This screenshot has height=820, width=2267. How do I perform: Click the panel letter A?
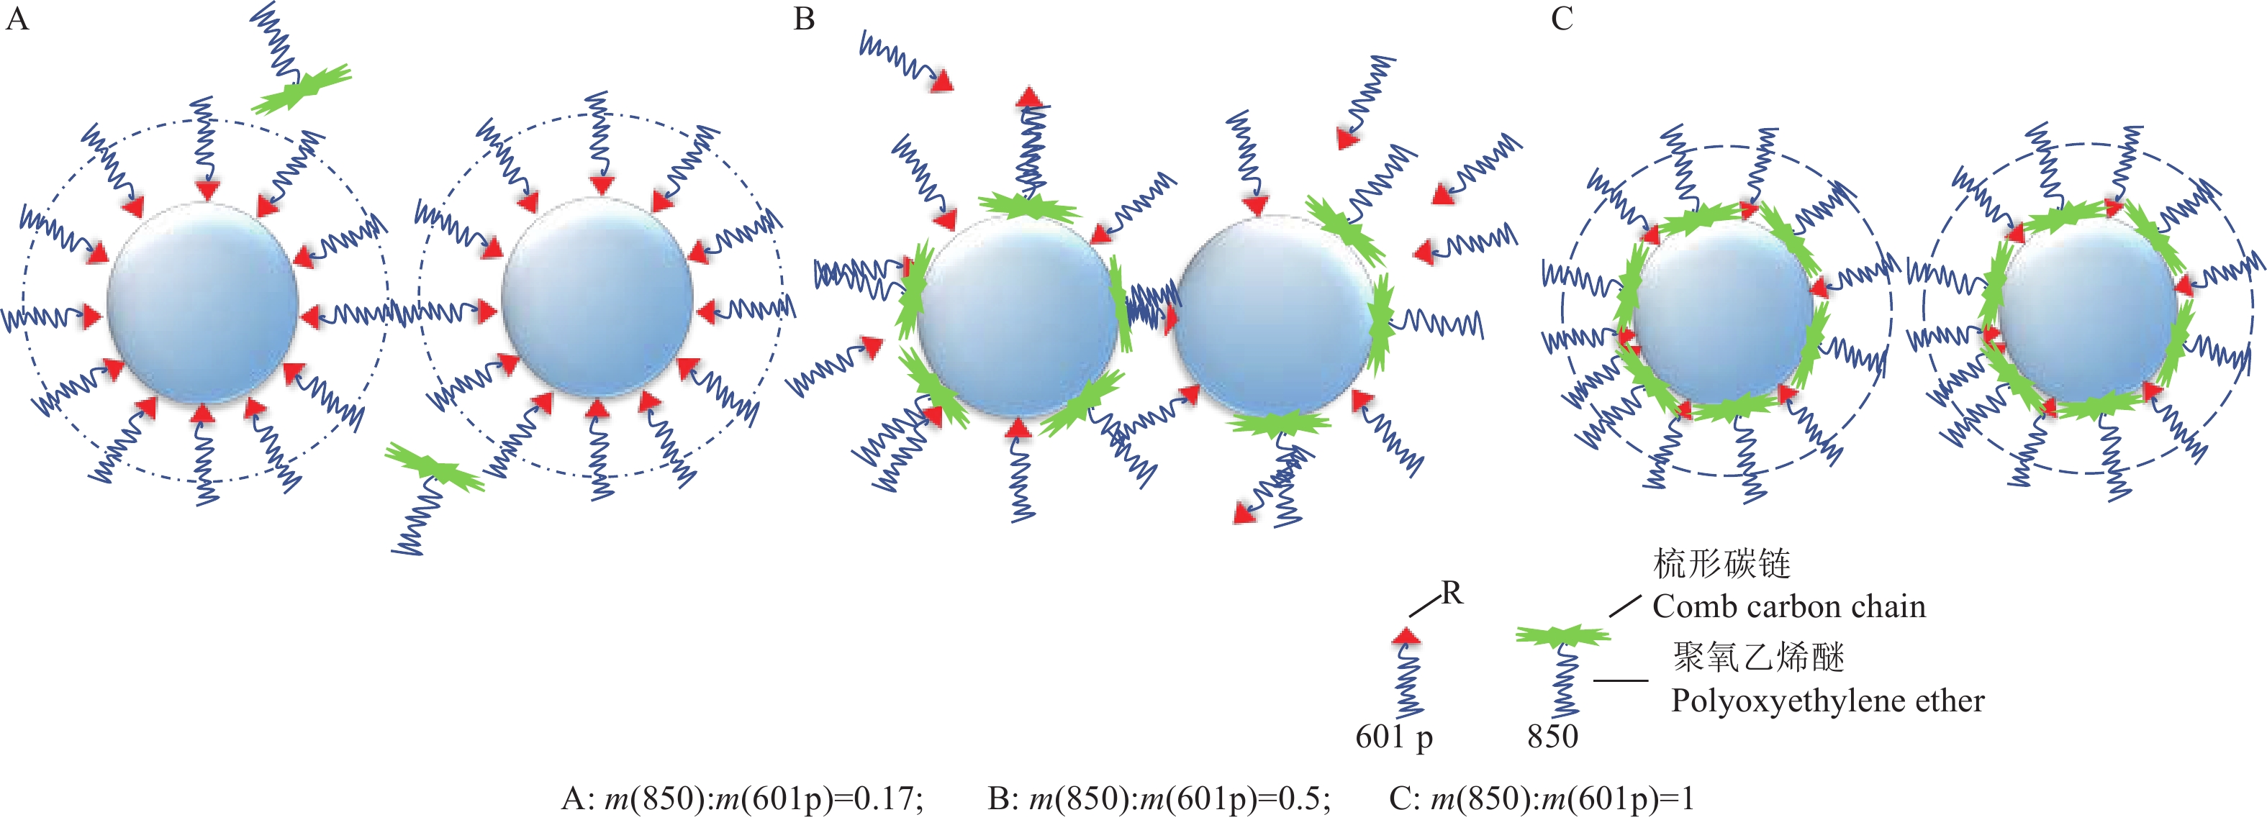17,19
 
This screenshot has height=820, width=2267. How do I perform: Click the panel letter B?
803,19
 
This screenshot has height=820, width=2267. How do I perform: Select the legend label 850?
1552,737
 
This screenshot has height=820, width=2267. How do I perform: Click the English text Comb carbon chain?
1788,606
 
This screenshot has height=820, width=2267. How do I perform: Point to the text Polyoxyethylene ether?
1827,701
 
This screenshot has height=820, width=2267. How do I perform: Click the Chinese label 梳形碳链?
1721,564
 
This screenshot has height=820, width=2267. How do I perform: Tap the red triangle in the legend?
1406,635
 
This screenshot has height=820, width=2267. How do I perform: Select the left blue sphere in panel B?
1016,319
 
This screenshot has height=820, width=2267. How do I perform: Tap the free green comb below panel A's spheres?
433,466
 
